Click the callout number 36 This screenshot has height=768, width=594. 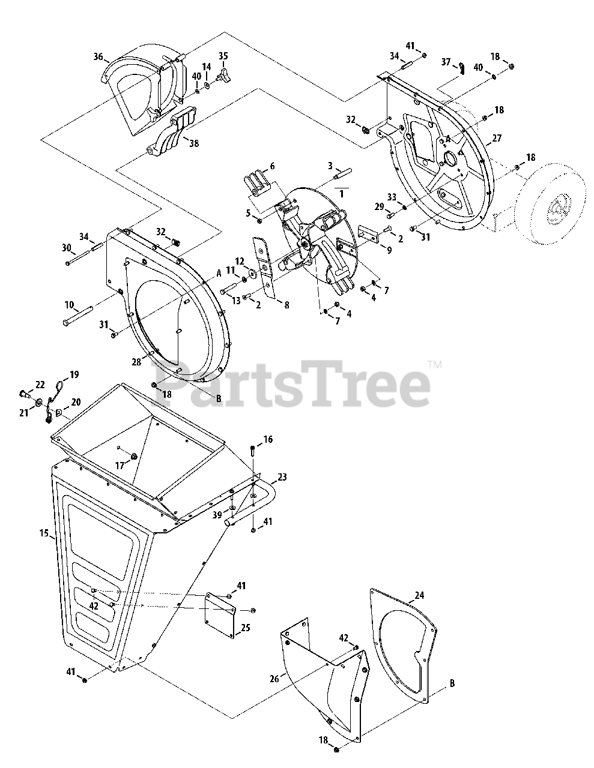coord(98,57)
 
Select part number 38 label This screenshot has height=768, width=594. coord(193,143)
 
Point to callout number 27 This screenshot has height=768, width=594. coord(497,138)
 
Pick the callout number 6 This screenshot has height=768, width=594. coord(271,166)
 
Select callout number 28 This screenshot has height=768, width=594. coord(137,361)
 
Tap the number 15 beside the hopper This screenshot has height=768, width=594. coord(44,533)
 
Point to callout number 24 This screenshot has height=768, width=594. coord(419,596)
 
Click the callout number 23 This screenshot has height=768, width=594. coord(282,478)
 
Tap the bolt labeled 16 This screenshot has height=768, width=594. coord(253,450)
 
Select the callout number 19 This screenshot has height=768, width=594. coord(74,374)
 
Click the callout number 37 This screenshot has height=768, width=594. coord(446,62)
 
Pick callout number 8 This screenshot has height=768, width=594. coord(286,305)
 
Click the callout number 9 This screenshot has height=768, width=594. coord(389,250)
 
